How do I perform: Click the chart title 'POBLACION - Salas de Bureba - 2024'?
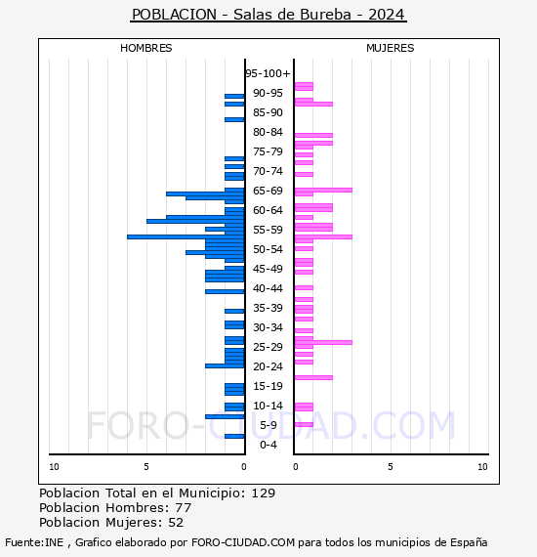268,15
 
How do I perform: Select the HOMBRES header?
145,48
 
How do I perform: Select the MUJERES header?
391,48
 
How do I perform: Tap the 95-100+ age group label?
268,73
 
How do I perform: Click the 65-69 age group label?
268,191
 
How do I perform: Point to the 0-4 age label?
268,445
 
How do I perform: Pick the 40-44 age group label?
268,288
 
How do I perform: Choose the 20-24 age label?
268,366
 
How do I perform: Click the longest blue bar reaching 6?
186,236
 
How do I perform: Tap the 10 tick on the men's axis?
54,467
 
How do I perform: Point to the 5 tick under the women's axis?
391,467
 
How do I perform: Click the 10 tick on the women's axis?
482,467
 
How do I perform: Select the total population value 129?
264,493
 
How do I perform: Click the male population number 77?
184,507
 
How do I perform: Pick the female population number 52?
176,523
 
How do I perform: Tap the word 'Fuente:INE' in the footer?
34,542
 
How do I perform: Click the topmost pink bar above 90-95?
304,86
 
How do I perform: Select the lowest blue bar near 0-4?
234,436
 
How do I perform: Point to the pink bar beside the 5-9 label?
304,424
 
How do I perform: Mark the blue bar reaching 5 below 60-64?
195,221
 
